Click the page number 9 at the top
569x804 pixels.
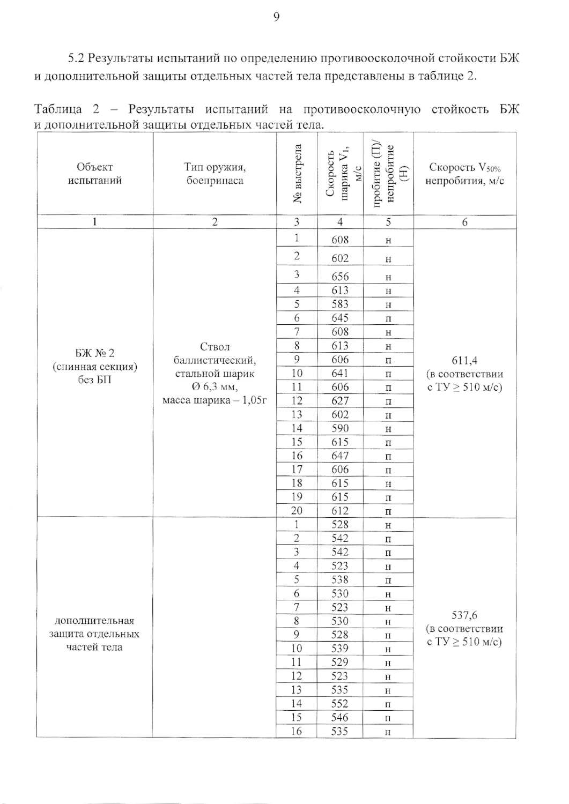click(276, 18)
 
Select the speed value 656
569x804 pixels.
click(340, 277)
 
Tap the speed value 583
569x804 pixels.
click(340, 304)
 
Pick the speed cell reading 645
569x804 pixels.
click(340, 318)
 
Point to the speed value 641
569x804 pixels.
click(340, 373)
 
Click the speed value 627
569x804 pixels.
click(340, 401)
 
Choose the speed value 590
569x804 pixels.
click(340, 428)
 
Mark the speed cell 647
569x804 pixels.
click(340, 456)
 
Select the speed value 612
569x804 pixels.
click(340, 511)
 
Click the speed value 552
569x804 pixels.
click(340, 704)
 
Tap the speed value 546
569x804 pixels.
click(340, 717)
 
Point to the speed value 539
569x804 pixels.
click(340, 649)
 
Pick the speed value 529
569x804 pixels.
click(340, 662)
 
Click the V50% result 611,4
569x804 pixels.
click(464, 361)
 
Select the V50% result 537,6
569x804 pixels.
click(464, 616)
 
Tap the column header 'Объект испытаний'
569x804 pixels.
click(95, 174)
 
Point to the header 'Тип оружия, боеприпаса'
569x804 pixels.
click(215, 174)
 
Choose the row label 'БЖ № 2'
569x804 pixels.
click(95, 353)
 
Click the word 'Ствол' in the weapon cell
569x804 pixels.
click(215, 346)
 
